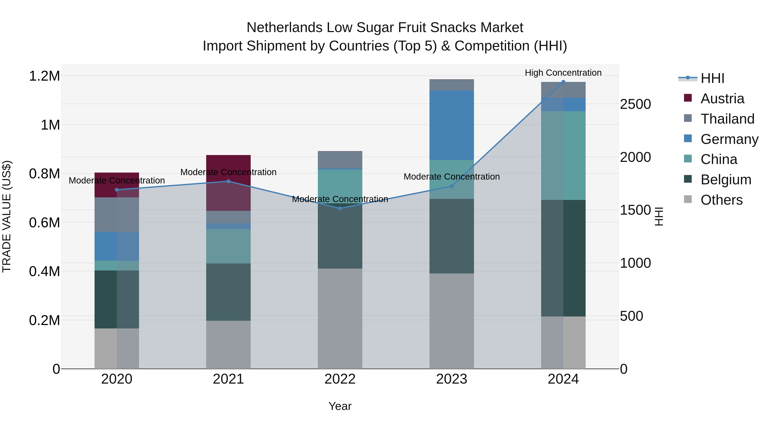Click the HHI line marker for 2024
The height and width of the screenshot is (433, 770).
tap(563, 82)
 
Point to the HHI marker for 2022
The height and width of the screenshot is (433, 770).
tap(340, 208)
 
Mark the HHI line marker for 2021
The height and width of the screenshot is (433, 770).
tap(228, 181)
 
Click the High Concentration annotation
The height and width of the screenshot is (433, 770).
tap(563, 73)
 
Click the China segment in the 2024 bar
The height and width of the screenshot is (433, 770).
tap(563, 155)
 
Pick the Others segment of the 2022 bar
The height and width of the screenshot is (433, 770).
tap(340, 318)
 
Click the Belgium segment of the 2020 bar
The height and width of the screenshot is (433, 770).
tap(117, 299)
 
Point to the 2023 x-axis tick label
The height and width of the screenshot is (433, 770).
tap(452, 379)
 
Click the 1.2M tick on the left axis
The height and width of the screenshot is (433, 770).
tap(44, 76)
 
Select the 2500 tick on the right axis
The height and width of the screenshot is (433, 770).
tap(635, 104)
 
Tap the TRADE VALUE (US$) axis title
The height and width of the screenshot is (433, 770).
tap(7, 216)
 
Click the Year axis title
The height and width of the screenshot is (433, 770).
tap(340, 406)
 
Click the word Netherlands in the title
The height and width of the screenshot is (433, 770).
tap(284, 28)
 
